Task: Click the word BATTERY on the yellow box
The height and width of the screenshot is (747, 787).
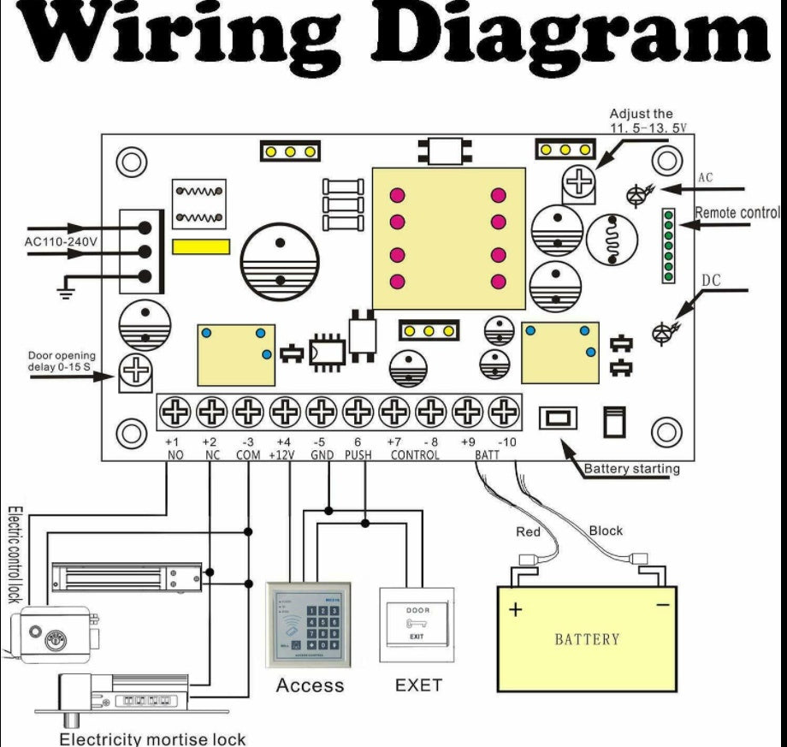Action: (587, 639)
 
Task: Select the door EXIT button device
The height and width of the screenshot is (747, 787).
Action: (417, 624)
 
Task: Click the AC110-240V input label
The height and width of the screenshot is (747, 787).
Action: (61, 242)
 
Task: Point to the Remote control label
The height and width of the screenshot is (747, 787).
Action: (737, 213)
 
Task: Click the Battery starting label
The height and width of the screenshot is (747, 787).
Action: (631, 469)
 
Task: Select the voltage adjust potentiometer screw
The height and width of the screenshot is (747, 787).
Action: (579, 181)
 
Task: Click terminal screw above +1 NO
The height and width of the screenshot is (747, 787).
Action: (175, 413)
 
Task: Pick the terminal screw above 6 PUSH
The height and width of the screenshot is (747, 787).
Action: (358, 413)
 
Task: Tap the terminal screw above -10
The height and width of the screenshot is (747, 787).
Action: (504, 413)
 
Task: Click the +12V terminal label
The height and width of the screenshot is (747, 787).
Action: (281, 455)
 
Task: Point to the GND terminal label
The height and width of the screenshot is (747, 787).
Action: (322, 455)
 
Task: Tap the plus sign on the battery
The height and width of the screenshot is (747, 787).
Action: (516, 611)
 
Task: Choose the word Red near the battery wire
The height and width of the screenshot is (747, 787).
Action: (529, 532)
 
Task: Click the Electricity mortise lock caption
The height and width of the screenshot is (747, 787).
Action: (151, 738)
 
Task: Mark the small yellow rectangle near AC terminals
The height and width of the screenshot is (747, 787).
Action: (201, 246)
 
